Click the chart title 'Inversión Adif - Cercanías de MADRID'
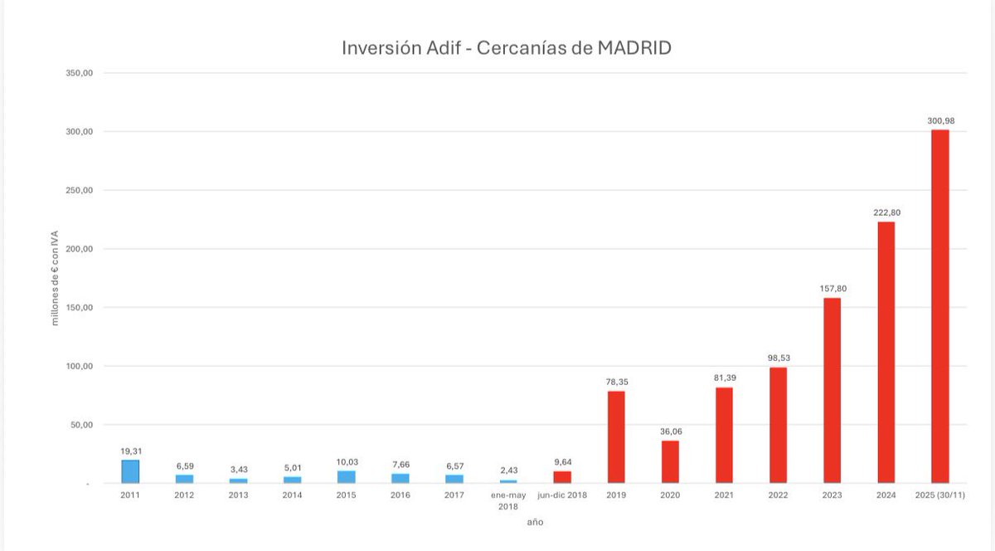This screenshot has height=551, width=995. coord(506,48)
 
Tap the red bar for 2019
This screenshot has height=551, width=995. coord(616,436)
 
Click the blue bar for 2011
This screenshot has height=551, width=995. coord(130,471)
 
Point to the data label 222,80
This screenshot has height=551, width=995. coord(886,212)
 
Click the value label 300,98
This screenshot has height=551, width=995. coord(940,121)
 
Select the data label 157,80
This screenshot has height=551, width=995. coord(832,289)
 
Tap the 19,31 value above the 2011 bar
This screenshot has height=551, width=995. coord(131,451)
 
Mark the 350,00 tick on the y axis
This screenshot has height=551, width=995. coord(79,73)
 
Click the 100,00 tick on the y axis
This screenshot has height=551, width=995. coord(79,366)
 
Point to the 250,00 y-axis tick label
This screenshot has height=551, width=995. coord(79,190)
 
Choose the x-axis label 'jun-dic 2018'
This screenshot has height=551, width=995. coord(562,495)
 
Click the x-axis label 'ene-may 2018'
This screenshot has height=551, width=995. coord(508,500)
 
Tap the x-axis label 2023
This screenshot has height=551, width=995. coord(832,495)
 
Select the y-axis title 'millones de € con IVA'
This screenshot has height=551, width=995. coord(56,278)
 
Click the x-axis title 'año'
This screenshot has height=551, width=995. coord(536,522)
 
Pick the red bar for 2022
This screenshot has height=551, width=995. coord(778,425)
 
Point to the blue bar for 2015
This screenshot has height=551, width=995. coord(346,477)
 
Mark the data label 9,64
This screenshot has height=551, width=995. coord(562,462)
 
